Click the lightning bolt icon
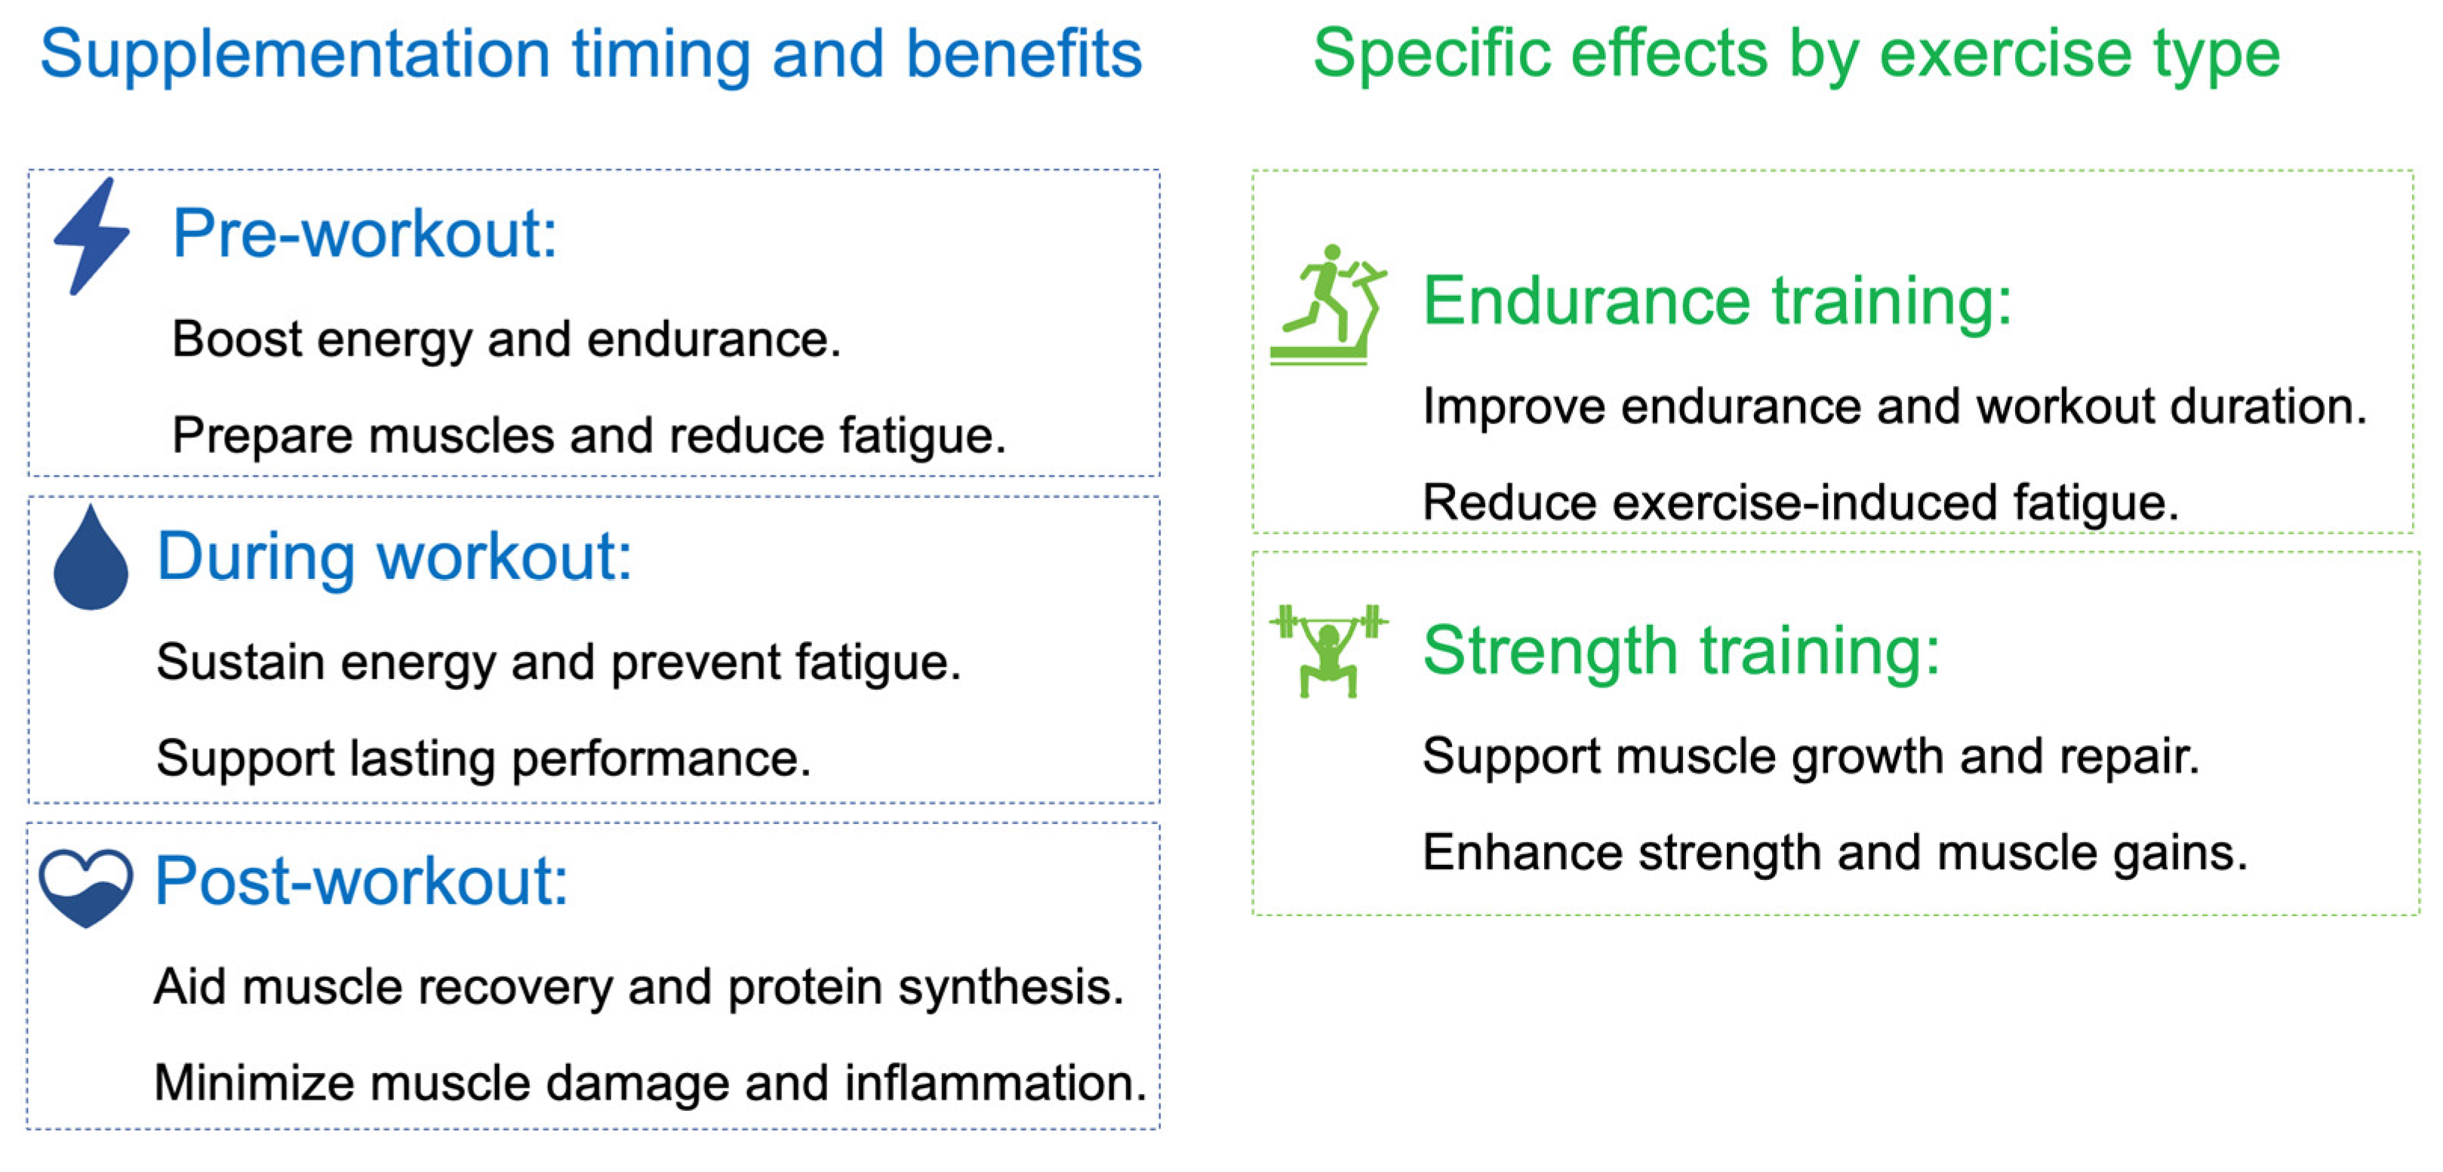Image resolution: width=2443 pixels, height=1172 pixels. (x=91, y=236)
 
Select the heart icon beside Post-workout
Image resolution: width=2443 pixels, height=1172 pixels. (x=85, y=887)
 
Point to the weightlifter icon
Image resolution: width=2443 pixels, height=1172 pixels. (x=1328, y=651)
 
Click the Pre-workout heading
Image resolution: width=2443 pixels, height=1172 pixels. (x=365, y=233)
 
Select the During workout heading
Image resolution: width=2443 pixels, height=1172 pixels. (x=393, y=557)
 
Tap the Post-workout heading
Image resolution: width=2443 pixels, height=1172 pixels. (x=362, y=881)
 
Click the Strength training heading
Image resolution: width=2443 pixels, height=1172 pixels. (x=1681, y=651)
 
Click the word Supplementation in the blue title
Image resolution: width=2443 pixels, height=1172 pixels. (x=295, y=55)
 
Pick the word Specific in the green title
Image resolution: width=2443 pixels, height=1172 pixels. (x=1431, y=54)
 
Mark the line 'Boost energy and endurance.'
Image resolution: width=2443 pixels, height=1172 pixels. (x=506, y=340)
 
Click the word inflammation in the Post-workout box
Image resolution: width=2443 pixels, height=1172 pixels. (x=995, y=1083)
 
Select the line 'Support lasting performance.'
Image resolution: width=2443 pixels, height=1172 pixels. (x=484, y=758)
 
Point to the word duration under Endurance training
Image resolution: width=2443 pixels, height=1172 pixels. (x=2269, y=406)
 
